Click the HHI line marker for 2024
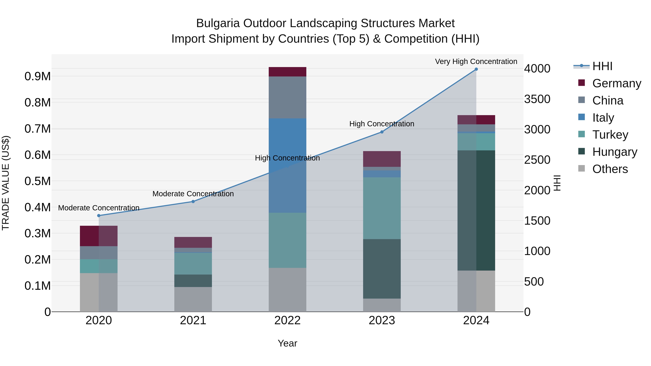coord(476,69)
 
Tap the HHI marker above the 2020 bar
coord(99,215)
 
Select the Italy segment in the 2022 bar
coord(287,165)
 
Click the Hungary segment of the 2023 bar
coord(382,269)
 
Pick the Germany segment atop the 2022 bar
coord(287,72)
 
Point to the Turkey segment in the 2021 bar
coord(193,264)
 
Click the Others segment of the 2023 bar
coord(382,305)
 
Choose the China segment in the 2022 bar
coord(287,97)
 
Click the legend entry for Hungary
coord(615,152)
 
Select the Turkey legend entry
coord(610,135)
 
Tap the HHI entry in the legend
coord(602,66)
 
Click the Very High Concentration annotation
coord(476,61)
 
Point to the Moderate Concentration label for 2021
coord(193,194)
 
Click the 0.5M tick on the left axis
coord(38,181)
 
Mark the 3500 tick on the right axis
coord(537,99)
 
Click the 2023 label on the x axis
coord(382,320)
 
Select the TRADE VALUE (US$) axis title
coord(6,183)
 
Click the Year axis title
coord(287,343)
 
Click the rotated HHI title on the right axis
coord(557,183)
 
